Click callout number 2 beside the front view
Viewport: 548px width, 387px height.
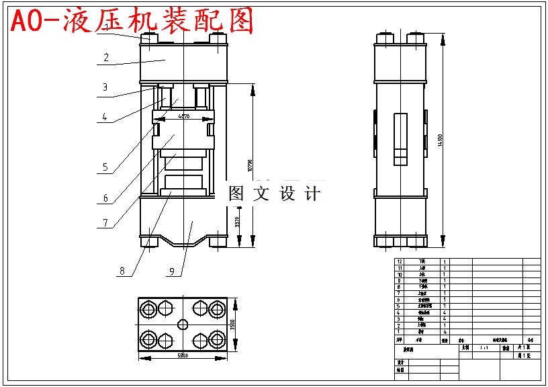pos(106,58)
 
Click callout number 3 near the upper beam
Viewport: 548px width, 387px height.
pos(105,87)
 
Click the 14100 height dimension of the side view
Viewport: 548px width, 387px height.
pos(440,140)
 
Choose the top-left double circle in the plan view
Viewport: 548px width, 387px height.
pos(148,309)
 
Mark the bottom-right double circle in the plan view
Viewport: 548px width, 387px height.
pos(216,339)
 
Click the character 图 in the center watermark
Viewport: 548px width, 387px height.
pos(237,193)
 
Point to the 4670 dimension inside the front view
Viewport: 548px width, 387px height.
pos(183,116)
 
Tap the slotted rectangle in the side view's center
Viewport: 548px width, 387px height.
pos(400,139)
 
